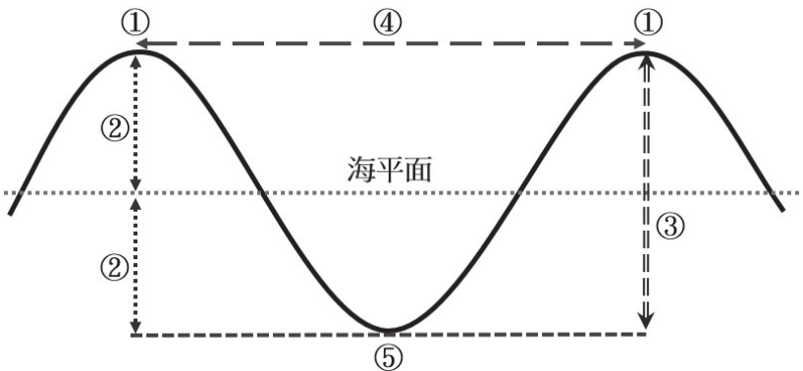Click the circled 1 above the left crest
pos(135,23)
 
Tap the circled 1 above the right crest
pos(648,23)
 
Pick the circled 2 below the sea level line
pos(115,268)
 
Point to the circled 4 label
pos(388,23)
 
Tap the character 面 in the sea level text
pos(418,171)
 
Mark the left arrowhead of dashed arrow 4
pos(140,43)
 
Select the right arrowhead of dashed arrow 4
pos(640,43)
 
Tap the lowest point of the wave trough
pos(388,331)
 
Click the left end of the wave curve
pos(10,213)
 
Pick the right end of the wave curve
pos(782,209)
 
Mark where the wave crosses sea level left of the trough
pos(262,193)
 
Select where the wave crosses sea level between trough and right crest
pos(517,193)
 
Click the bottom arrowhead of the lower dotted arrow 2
pos(135,327)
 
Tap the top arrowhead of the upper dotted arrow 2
pos(135,61)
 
